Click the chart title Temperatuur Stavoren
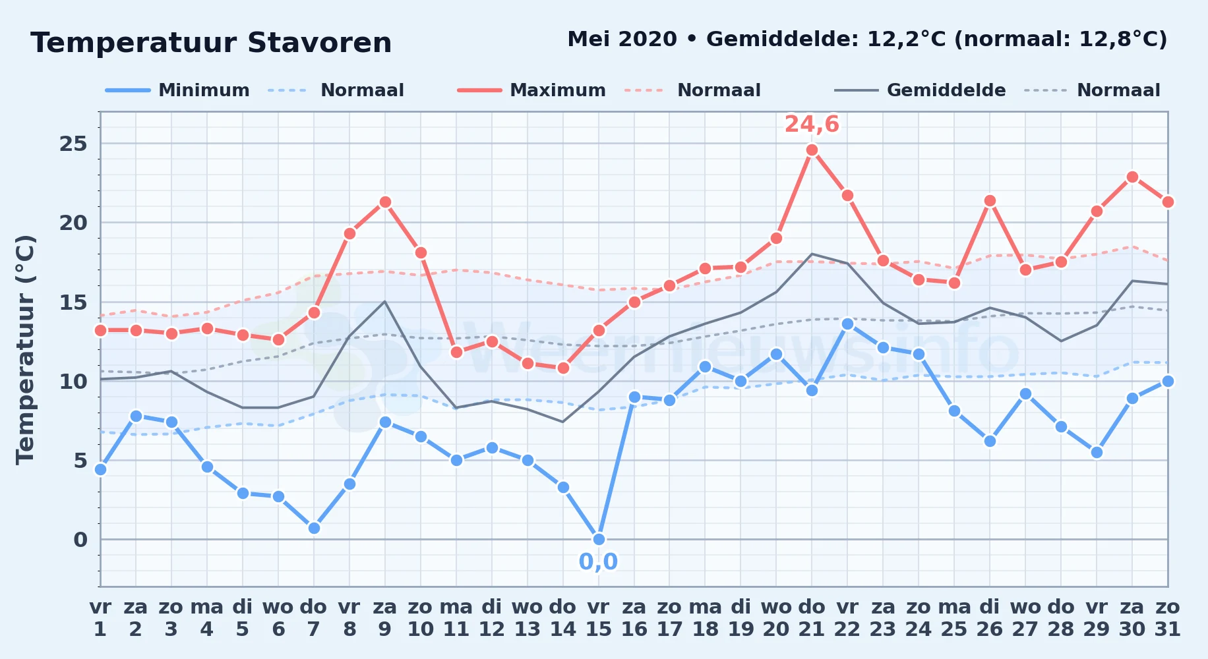coord(211,43)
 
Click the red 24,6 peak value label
coord(812,124)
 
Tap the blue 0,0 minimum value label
coord(598,561)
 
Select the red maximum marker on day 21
coord(812,150)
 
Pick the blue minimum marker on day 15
coord(599,539)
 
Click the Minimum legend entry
coord(177,90)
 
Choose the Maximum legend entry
coord(531,90)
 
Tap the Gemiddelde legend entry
coord(920,90)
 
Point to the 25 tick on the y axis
coord(73,144)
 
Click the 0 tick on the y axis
coord(80,540)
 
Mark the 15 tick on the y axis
coord(73,302)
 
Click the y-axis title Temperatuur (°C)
coord(25,349)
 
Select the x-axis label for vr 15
coord(598,618)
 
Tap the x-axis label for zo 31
coord(1168,618)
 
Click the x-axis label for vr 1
coord(100,618)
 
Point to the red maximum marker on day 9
coord(385,202)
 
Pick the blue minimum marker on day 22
coord(848,324)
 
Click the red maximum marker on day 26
coord(990,200)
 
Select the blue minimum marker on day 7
coord(314,528)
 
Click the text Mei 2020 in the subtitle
coord(622,40)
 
